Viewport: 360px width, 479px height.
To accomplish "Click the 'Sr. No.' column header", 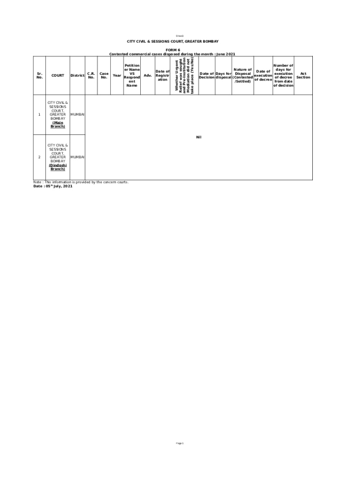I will tap(39, 75).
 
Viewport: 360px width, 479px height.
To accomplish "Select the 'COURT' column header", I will tap(58, 75).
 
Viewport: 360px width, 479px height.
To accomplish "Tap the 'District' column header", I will tap(77, 75).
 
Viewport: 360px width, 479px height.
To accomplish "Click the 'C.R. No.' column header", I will tap(91, 75).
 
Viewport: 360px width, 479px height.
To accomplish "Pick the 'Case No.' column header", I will tap(104, 75).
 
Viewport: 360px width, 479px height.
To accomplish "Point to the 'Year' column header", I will tap(117, 75).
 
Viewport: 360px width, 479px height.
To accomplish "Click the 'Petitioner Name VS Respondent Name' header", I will tap(132, 75).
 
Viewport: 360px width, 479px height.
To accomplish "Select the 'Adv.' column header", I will tap(148, 75).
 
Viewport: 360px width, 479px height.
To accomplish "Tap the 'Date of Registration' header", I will tap(162, 75).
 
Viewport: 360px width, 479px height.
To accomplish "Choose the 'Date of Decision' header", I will tap(207, 75).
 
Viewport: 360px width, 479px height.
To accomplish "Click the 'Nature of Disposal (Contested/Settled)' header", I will tap(243, 75).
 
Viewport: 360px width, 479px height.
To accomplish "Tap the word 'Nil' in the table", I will tap(198, 137).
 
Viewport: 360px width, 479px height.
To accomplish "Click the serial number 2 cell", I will tap(39, 157).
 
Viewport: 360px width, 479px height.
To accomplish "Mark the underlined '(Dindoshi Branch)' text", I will tap(58, 167).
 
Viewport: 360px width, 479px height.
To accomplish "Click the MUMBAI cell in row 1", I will tap(77, 115).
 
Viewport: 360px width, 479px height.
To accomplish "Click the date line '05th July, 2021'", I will tap(53, 186).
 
